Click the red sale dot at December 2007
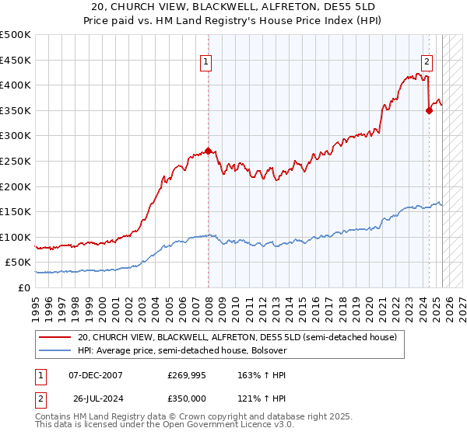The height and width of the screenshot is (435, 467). pyautogui.click(x=209, y=151)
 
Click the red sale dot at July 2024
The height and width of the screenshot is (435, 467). pyautogui.click(x=429, y=110)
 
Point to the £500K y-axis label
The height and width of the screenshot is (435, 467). pyautogui.click(x=16, y=35)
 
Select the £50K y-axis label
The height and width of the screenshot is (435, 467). pyautogui.click(x=19, y=263)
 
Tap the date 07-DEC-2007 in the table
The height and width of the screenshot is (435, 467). pyautogui.click(x=95, y=375)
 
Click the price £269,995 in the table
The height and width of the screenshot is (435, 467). pyautogui.click(x=186, y=375)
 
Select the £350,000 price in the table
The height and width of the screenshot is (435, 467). pyautogui.click(x=186, y=398)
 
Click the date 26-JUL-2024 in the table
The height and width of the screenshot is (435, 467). pyautogui.click(x=95, y=398)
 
